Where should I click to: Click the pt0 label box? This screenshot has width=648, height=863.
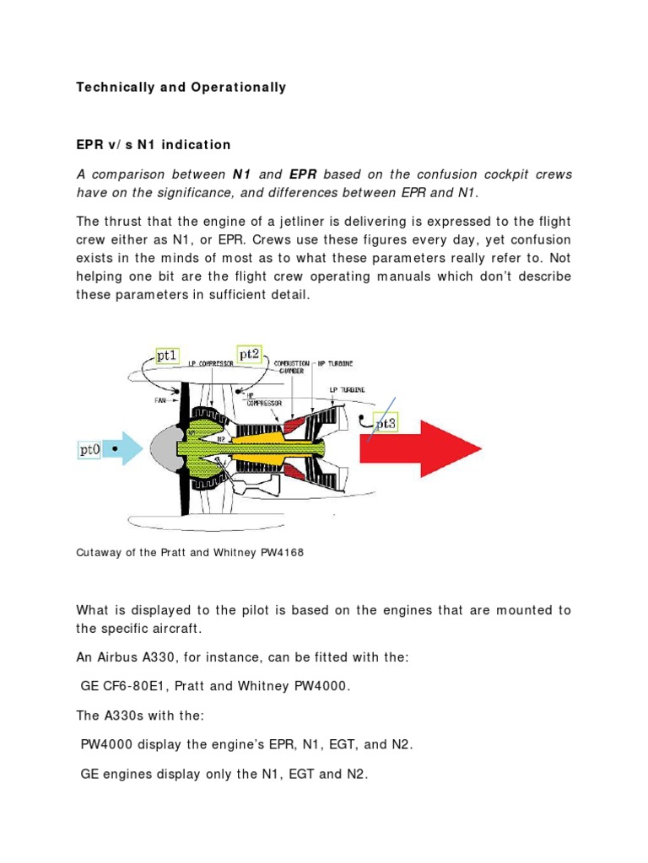click(x=90, y=450)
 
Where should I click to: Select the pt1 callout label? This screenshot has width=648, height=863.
click(x=166, y=356)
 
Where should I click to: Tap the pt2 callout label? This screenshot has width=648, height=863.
click(x=249, y=355)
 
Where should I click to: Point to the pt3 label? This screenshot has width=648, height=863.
click(x=385, y=424)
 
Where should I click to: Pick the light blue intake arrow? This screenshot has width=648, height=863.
click(x=127, y=449)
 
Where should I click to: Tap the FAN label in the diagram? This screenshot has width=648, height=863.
click(x=160, y=401)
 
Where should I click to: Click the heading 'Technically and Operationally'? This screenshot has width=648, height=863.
click(x=181, y=87)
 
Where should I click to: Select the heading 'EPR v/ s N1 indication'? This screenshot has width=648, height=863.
click(x=154, y=144)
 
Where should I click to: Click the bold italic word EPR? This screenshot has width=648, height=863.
click(x=303, y=174)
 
